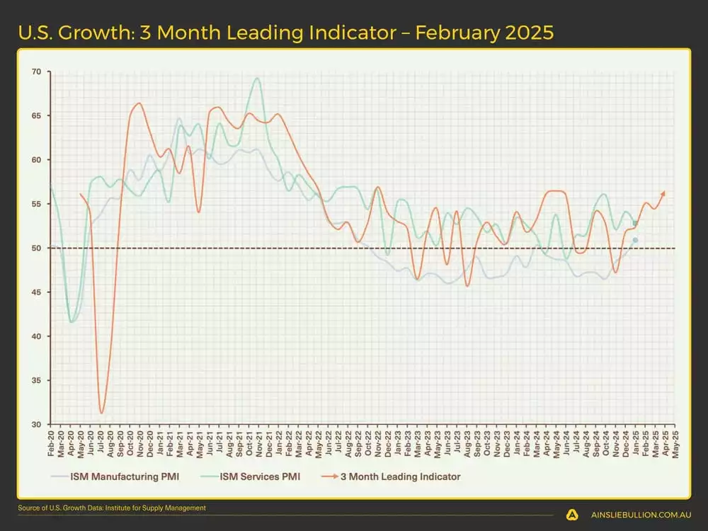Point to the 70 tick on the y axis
click(x=36, y=72)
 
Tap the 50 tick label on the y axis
click(x=36, y=249)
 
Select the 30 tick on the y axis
click(x=36, y=425)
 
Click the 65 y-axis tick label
click(x=36, y=115)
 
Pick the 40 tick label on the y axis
click(x=36, y=336)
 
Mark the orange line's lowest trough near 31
click(x=102, y=413)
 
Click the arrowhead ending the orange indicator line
click(x=663, y=193)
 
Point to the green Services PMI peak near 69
click(x=256, y=79)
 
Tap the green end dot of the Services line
click(x=635, y=223)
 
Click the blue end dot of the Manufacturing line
click(x=635, y=241)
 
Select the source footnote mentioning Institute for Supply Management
click(x=113, y=508)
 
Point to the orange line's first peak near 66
click(x=139, y=103)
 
